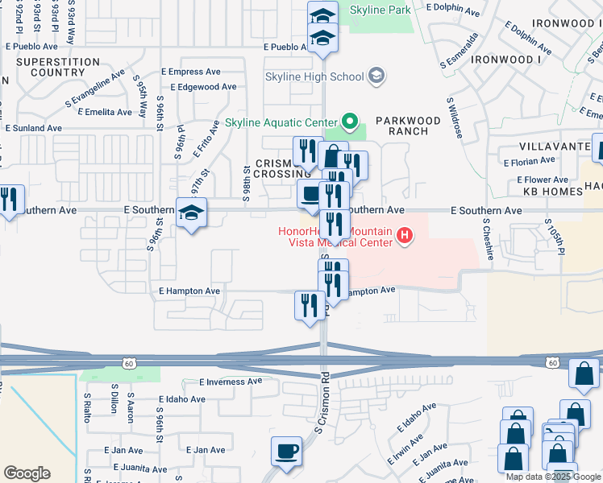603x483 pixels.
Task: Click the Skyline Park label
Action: (x=381, y=10)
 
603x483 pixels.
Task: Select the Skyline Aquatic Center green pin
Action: (x=349, y=122)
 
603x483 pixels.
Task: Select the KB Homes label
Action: (x=552, y=192)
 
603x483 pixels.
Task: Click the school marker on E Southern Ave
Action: (x=192, y=213)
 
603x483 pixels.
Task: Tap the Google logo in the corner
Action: (x=27, y=473)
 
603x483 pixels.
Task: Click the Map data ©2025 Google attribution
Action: (x=554, y=477)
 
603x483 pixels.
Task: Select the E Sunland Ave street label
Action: (x=33, y=128)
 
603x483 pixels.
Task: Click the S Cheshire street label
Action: (x=489, y=238)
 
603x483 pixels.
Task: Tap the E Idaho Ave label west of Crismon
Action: (x=188, y=398)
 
